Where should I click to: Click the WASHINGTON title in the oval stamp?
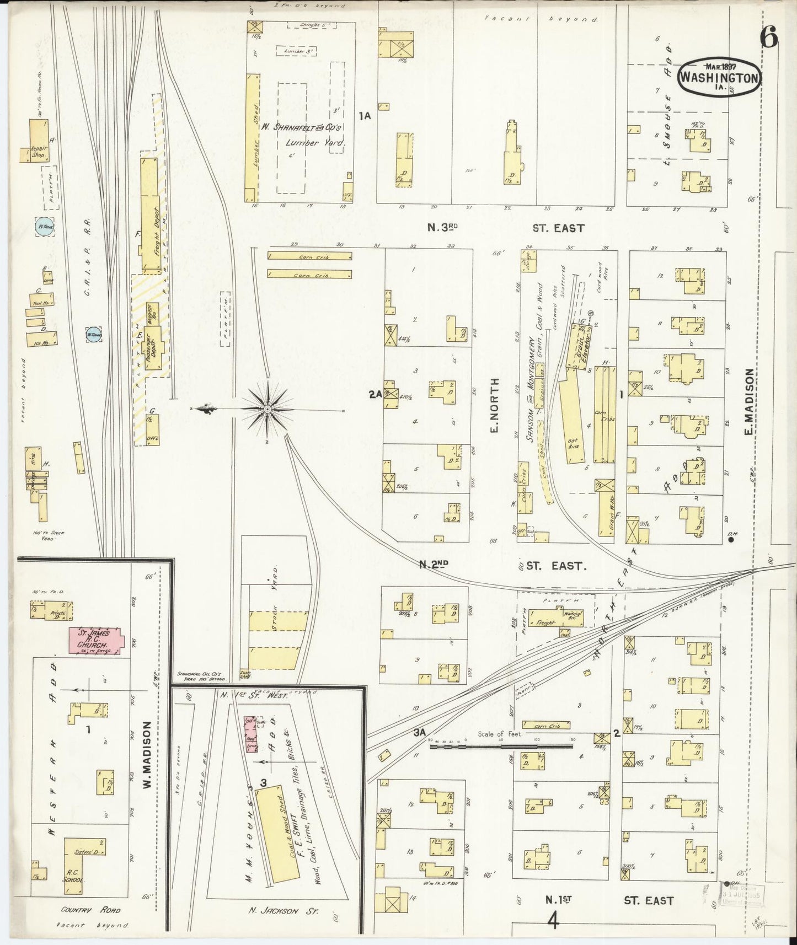719,78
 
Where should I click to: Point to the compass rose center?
268,409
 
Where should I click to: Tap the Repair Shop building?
38,143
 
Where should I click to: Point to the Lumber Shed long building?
253,138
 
